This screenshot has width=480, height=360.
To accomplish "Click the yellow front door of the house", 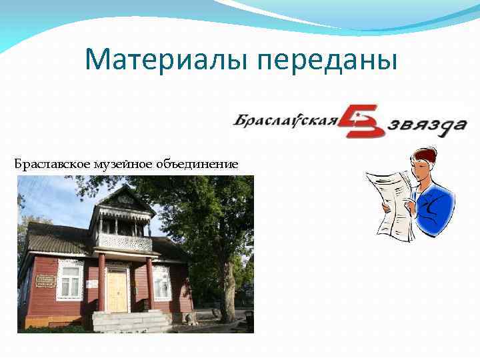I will pos(117,289).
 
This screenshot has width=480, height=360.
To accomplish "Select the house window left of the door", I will pos(69,280).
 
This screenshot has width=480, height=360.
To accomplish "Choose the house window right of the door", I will pos(162,281).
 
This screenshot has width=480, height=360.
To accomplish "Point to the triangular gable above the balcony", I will pos(123,198).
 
